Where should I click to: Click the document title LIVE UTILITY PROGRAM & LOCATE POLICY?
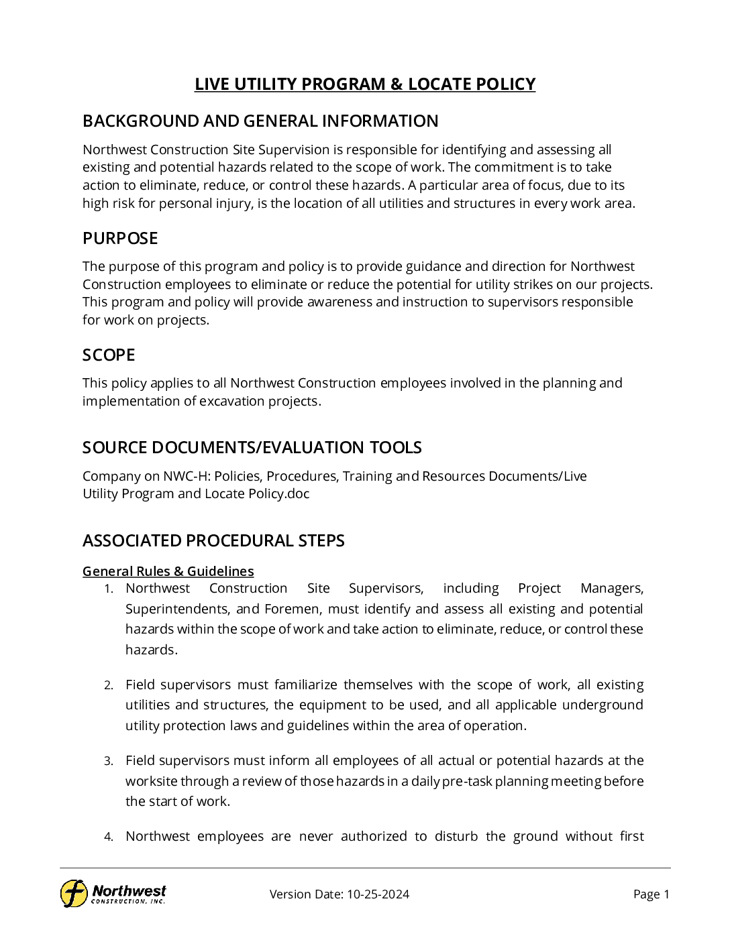point(365,84)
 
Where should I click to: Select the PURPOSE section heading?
point(120,238)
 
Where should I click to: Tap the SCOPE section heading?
point(109,355)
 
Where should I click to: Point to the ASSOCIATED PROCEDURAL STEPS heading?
point(213,540)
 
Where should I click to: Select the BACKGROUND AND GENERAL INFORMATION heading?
point(260,121)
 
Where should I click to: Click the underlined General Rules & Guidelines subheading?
point(168,571)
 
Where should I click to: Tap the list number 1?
point(109,589)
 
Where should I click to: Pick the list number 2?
point(109,685)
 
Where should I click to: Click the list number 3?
point(109,761)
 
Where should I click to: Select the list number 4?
point(109,837)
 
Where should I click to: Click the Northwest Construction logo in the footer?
point(113,893)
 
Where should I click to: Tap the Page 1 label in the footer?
point(651,894)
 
